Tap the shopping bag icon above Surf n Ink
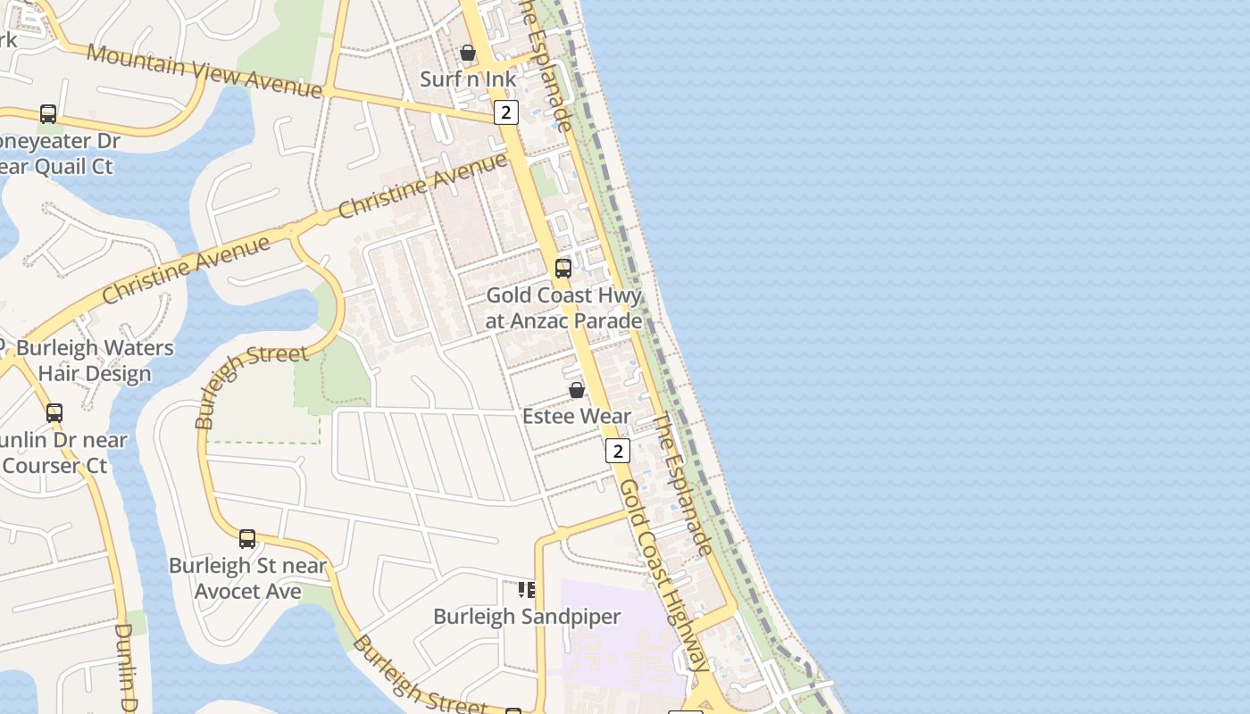[x=467, y=53]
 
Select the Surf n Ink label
[x=468, y=79]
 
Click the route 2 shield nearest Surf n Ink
[x=505, y=112]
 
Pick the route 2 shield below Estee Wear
[x=617, y=450]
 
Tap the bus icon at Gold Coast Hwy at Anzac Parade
[x=563, y=268]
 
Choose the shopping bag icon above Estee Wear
[x=577, y=390]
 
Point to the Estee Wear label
[x=577, y=416]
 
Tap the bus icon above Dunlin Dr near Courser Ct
[x=54, y=412]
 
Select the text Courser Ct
[x=55, y=465]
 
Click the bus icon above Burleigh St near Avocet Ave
[x=247, y=539]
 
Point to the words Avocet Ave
[x=248, y=592]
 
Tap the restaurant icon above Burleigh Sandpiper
[x=527, y=589]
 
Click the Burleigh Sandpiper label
[x=527, y=617]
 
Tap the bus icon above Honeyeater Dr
[x=48, y=114]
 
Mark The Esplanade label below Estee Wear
[x=684, y=483]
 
